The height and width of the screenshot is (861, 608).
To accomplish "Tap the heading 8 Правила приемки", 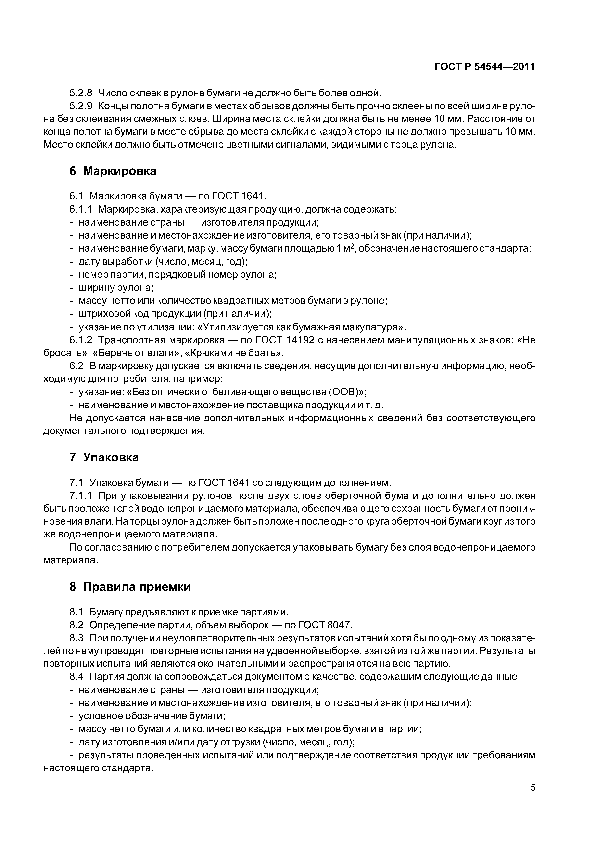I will pos(130,587).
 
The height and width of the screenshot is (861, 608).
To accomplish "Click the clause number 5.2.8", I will pos(81,93).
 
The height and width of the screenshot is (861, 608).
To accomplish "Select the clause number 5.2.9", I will pos(81,106).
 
